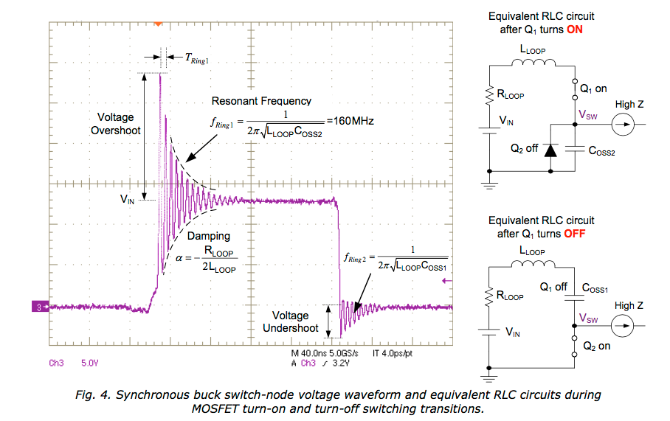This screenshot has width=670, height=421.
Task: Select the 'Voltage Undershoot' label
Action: pos(291,321)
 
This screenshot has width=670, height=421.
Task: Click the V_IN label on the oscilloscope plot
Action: pos(127,198)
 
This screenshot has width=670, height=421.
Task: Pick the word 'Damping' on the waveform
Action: pos(208,236)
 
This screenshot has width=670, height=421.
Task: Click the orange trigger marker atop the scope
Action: pos(157,24)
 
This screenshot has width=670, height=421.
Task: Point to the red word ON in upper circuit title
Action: pos(576,30)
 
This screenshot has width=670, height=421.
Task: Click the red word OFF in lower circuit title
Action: pos(578,234)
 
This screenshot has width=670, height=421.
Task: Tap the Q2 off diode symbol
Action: pos(550,150)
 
